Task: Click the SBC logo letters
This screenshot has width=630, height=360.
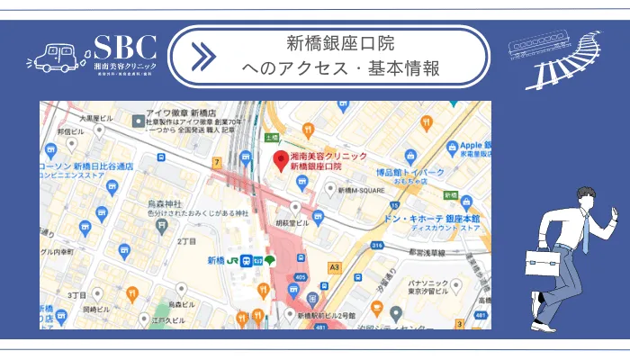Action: coord(125,47)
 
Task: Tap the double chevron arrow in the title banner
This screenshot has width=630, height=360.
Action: coord(204,57)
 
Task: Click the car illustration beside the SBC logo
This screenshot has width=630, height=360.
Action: coord(56,57)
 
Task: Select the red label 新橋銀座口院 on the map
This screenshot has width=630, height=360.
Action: coord(317,167)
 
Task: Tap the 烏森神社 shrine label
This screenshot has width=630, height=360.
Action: coord(165,203)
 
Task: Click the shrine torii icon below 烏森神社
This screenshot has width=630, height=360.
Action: coord(162,228)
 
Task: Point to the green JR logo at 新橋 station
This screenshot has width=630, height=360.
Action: coord(232,261)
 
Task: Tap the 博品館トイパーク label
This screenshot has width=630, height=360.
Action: coord(409,172)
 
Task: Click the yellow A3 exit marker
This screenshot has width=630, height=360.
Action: coord(335,267)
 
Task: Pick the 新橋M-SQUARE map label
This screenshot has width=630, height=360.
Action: coord(362,190)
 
